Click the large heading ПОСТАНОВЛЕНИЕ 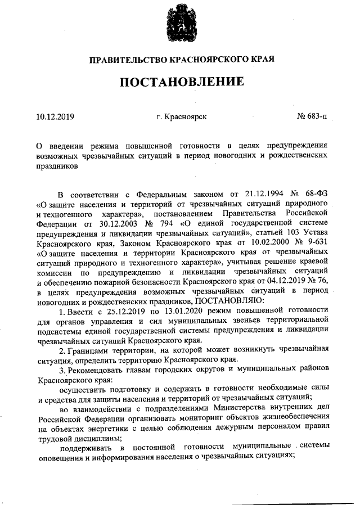click(x=181, y=82)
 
